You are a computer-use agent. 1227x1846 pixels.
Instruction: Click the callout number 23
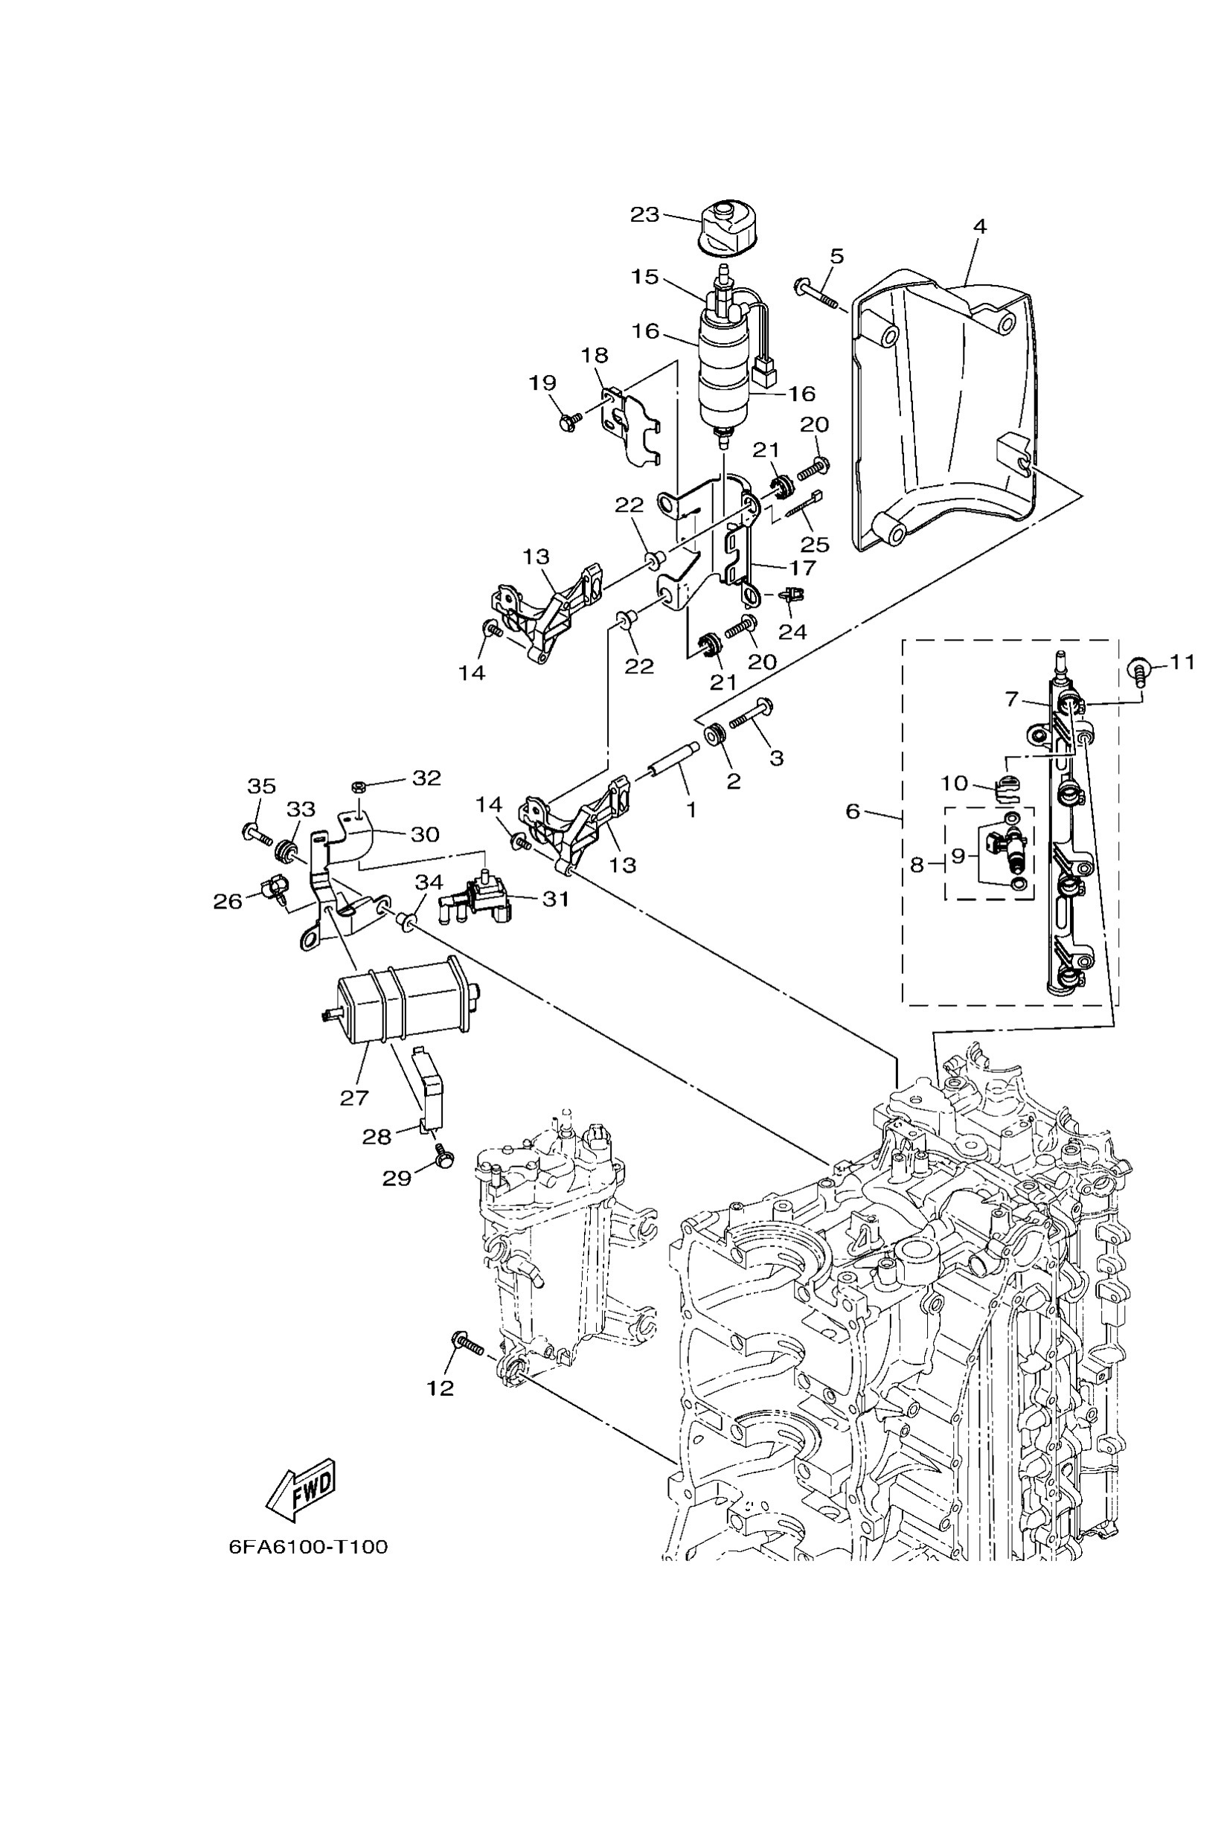coord(645,214)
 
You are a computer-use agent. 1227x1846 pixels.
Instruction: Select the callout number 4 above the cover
coord(980,227)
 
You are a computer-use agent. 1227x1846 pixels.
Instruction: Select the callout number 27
coord(353,1099)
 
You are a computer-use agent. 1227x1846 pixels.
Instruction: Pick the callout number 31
coord(556,899)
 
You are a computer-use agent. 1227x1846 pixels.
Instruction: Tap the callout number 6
coord(853,812)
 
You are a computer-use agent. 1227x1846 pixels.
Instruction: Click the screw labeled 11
coord(1138,670)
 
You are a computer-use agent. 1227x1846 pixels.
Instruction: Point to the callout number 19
coord(542,383)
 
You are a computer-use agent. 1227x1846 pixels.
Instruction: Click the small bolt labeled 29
coord(443,1163)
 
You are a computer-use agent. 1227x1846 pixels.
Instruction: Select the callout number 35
coord(261,786)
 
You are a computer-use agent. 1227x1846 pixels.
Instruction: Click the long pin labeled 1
coord(670,760)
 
